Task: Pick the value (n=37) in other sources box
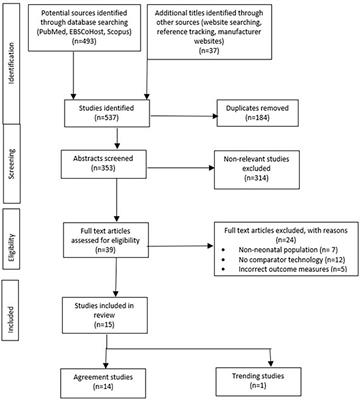222,49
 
